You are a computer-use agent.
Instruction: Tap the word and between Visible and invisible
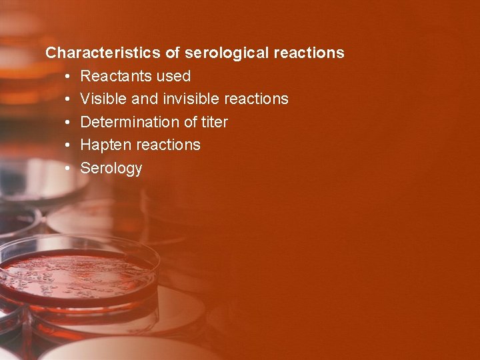145,99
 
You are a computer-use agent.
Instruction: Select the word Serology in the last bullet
111,168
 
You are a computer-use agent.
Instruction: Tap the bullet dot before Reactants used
69,77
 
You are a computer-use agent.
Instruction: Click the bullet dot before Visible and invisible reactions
69,99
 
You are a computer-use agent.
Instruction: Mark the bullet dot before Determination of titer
69,123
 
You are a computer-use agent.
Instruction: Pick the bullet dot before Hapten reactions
69,145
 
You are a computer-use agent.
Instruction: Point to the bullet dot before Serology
69,168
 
